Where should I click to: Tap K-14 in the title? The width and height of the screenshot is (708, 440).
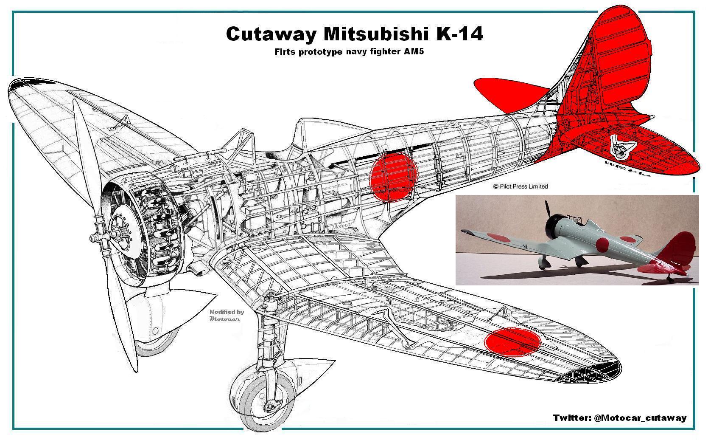(x=459, y=34)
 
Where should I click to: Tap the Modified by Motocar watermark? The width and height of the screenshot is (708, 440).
(x=227, y=315)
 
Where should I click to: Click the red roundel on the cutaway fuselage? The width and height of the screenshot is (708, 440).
(x=394, y=176)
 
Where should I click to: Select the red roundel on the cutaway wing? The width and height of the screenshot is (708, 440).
(x=512, y=341)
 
